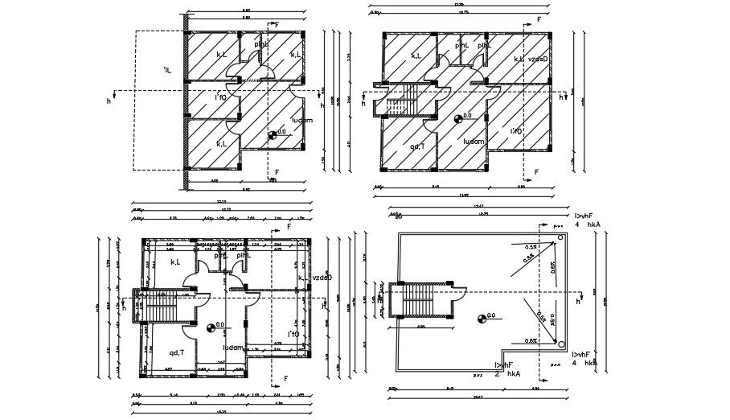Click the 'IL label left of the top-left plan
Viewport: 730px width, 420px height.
(166, 71)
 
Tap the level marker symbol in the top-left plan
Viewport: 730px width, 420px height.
(273, 135)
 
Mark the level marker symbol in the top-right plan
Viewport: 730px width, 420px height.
(458, 119)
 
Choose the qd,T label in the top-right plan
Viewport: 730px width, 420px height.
(418, 146)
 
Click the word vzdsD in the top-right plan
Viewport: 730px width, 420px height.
(538, 59)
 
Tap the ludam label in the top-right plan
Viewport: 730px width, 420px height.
(474, 141)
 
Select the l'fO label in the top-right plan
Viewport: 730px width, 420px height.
(517, 130)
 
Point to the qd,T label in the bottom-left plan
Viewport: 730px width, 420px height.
(177, 352)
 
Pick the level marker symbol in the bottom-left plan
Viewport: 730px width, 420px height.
(211, 327)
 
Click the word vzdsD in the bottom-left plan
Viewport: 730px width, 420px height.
(321, 278)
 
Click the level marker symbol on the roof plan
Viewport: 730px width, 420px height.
(481, 319)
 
